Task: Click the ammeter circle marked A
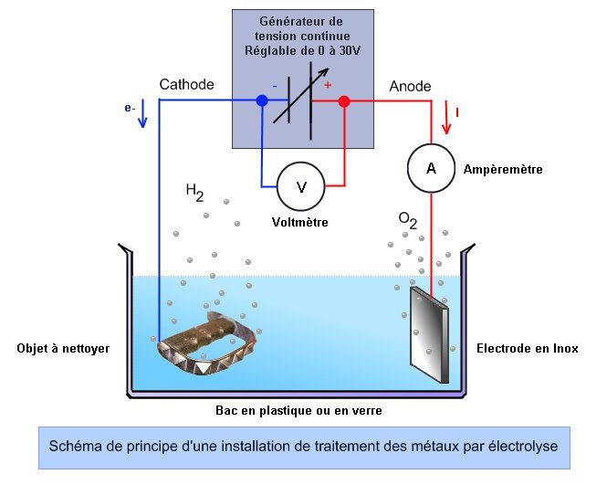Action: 431,166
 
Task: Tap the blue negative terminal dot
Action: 262,101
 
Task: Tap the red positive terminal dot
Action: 344,101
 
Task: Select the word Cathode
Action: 186,84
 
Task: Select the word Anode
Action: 410,85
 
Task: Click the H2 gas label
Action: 194,192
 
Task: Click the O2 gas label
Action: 408,219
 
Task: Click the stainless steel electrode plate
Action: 428,333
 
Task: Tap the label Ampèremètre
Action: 503,169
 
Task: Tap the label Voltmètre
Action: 299,222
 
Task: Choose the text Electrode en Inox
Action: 527,348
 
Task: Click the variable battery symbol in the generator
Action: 302,100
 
